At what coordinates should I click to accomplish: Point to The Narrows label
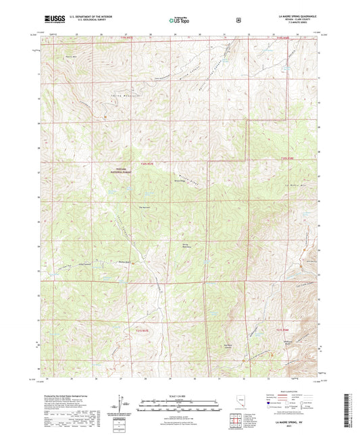[145, 207]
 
